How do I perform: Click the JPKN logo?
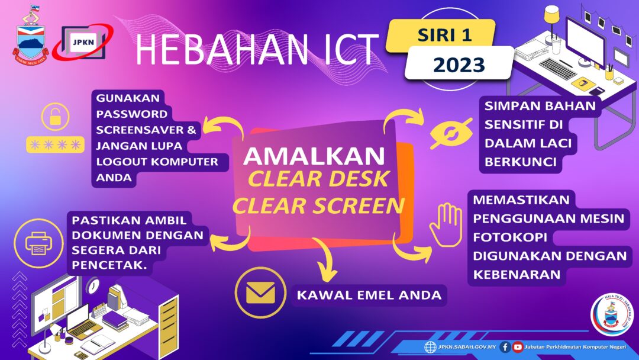(83, 42)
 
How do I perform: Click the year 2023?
(459, 65)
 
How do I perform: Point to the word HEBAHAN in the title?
(221, 49)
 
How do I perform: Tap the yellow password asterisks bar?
(56, 144)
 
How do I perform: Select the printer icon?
(38, 243)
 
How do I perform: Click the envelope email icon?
(260, 292)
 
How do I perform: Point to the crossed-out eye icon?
(451, 133)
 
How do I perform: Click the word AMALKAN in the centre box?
(314, 156)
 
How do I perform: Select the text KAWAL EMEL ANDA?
(369, 295)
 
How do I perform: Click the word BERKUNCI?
(521, 162)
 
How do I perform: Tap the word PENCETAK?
(109, 265)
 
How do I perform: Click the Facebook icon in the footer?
(505, 347)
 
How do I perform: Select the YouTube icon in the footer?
(518, 347)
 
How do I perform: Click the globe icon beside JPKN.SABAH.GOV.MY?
(430, 347)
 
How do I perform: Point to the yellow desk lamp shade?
(552, 14)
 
